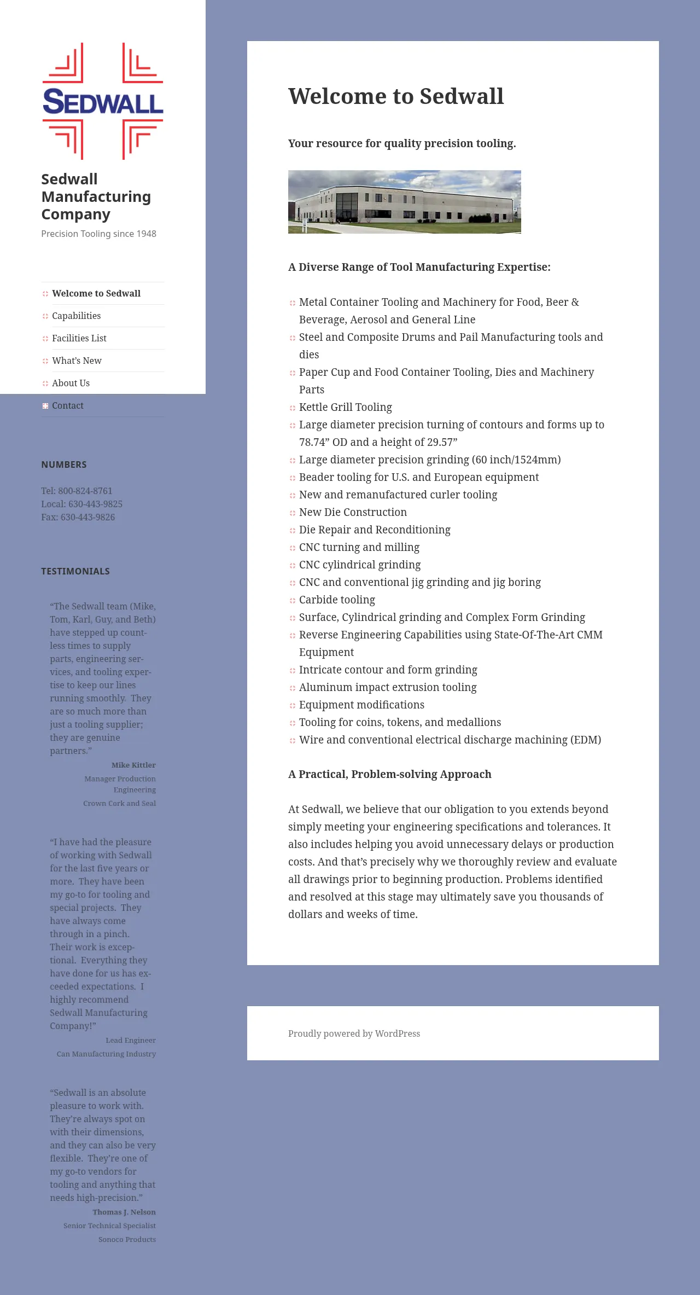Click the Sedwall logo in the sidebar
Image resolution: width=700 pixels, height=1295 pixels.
click(x=103, y=101)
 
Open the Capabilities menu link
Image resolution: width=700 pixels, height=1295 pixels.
click(x=77, y=316)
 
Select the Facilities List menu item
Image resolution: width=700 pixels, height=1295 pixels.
click(x=79, y=338)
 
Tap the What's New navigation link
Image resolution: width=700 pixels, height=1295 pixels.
click(x=77, y=361)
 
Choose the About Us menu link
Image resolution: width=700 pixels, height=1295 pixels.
click(x=71, y=383)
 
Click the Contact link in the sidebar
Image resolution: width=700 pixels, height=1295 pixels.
click(x=68, y=405)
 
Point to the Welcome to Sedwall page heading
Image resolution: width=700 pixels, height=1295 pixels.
click(x=396, y=96)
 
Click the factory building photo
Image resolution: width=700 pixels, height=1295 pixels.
click(x=404, y=202)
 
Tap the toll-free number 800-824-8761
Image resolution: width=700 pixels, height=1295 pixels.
click(x=85, y=491)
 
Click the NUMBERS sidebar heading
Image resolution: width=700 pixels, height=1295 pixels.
click(x=64, y=464)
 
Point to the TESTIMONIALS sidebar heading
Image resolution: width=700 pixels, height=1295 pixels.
click(x=75, y=571)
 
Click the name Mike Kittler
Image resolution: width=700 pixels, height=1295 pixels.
click(x=133, y=765)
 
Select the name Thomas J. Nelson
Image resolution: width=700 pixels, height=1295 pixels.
click(x=124, y=1212)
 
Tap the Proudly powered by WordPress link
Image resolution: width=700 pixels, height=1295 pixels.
click(x=354, y=1033)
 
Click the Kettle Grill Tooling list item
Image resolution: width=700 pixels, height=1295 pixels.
click(x=346, y=407)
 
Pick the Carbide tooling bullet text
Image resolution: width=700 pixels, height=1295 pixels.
click(x=337, y=600)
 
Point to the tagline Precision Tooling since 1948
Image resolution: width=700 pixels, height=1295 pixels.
click(x=98, y=234)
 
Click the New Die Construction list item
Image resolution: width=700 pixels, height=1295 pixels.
click(x=353, y=512)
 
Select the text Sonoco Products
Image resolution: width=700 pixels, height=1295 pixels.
click(x=127, y=1239)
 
